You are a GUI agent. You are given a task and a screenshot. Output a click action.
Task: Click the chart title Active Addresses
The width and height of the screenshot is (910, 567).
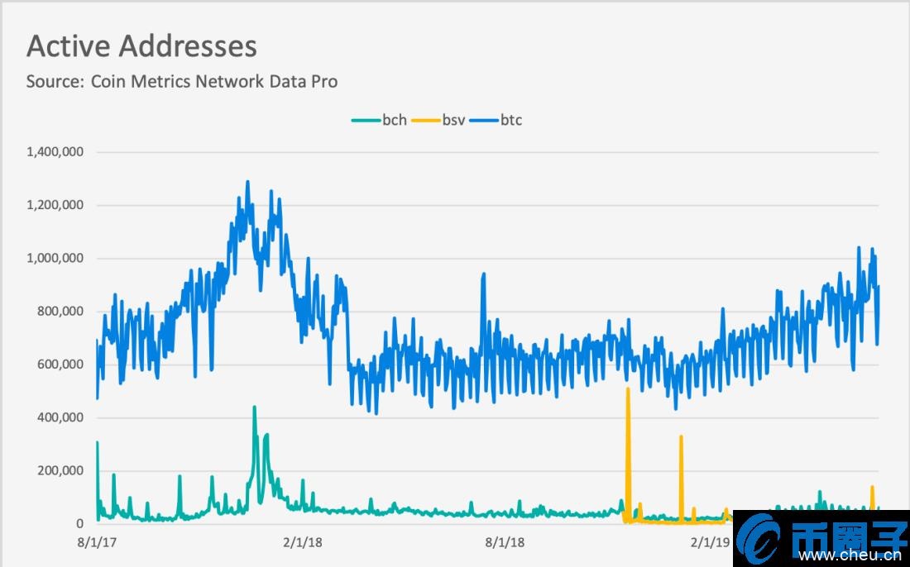[x=141, y=46]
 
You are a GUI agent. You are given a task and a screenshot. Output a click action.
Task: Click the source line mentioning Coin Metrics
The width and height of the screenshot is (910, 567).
[x=182, y=82]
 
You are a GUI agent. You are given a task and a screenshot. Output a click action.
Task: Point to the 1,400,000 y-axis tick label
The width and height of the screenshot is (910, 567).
[x=55, y=152]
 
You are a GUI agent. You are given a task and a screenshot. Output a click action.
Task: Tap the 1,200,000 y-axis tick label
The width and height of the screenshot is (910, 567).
[x=55, y=205]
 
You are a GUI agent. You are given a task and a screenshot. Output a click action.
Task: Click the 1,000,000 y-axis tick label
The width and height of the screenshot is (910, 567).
[x=55, y=258]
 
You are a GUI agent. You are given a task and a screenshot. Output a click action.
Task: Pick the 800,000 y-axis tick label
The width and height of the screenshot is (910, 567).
[x=61, y=312]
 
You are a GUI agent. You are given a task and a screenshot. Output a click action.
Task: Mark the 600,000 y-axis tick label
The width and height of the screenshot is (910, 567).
[x=61, y=364]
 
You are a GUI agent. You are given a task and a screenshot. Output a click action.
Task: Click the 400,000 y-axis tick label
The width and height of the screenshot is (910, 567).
[x=61, y=417]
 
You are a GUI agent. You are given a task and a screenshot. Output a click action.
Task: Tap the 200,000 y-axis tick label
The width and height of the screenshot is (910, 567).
[x=61, y=470]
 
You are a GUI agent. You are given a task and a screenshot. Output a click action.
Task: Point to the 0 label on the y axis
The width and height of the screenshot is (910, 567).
[x=80, y=524]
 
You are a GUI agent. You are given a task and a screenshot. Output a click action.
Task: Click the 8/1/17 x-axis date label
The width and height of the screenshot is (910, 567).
[x=96, y=543]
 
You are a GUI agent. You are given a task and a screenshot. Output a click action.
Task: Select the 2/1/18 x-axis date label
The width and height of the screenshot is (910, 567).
[x=301, y=543]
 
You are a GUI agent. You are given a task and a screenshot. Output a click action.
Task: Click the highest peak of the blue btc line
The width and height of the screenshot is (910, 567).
[x=247, y=182]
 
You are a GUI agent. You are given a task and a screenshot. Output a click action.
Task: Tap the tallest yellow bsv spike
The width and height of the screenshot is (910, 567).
[x=628, y=388]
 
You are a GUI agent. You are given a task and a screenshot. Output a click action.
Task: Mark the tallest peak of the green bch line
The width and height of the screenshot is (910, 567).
[x=254, y=407]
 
